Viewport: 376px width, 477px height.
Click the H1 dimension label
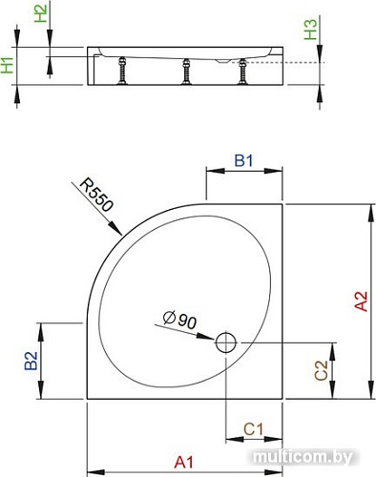(x=8, y=66)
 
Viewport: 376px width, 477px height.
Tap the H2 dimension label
(x=39, y=13)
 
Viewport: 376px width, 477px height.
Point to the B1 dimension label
(x=244, y=162)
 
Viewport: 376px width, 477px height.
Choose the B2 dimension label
(x=31, y=362)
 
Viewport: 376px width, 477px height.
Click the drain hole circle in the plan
(x=226, y=342)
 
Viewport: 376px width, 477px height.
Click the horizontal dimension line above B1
(x=245, y=174)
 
